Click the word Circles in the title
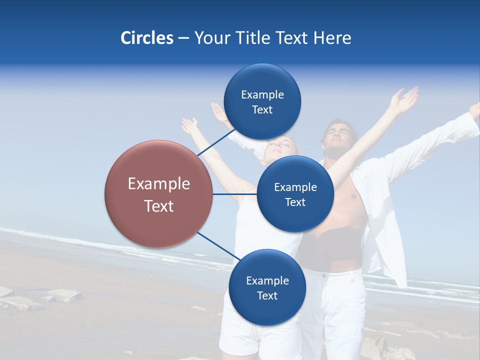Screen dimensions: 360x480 click(146, 38)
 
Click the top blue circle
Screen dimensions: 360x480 click(262, 101)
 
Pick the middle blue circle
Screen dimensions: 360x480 click(295, 194)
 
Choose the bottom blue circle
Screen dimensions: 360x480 click(267, 287)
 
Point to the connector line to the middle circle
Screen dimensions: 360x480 click(235, 194)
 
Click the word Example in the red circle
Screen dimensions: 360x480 click(159, 184)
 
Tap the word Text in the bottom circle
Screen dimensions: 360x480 click(267, 295)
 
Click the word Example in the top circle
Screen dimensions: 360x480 click(262, 95)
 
